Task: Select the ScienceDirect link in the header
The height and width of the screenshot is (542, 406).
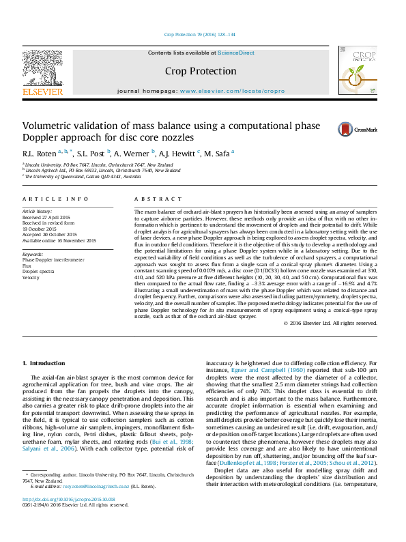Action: click(237, 53)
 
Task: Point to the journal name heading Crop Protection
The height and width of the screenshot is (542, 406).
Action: click(201, 71)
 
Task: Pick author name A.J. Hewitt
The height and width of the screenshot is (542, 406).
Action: click(177, 154)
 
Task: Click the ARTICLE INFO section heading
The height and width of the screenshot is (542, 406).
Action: click(55, 199)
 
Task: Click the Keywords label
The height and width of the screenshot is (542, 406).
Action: click(33, 254)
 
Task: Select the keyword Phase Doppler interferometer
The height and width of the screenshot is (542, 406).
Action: click(54, 260)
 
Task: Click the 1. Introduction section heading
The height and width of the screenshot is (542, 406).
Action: click(44, 363)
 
